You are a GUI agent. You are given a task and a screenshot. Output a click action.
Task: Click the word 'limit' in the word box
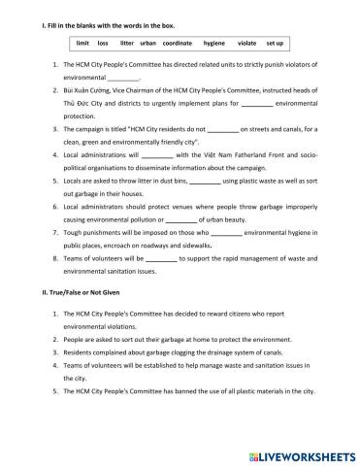82,44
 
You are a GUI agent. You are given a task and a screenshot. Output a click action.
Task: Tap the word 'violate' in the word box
246,44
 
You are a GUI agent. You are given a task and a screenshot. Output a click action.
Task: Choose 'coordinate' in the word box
178,44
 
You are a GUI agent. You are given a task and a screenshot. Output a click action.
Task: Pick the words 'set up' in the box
275,44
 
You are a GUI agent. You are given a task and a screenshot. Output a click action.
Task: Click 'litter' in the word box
126,44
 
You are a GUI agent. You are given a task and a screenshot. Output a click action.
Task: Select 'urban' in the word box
147,44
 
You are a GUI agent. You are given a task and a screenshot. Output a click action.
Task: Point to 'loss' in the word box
103,44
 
